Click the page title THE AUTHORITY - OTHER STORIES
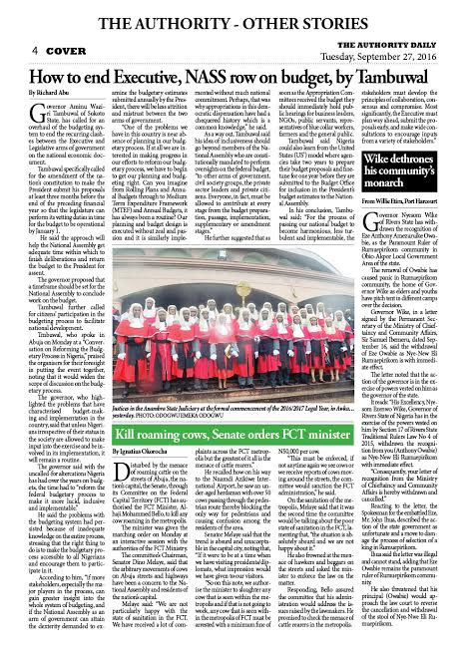click(233, 12)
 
